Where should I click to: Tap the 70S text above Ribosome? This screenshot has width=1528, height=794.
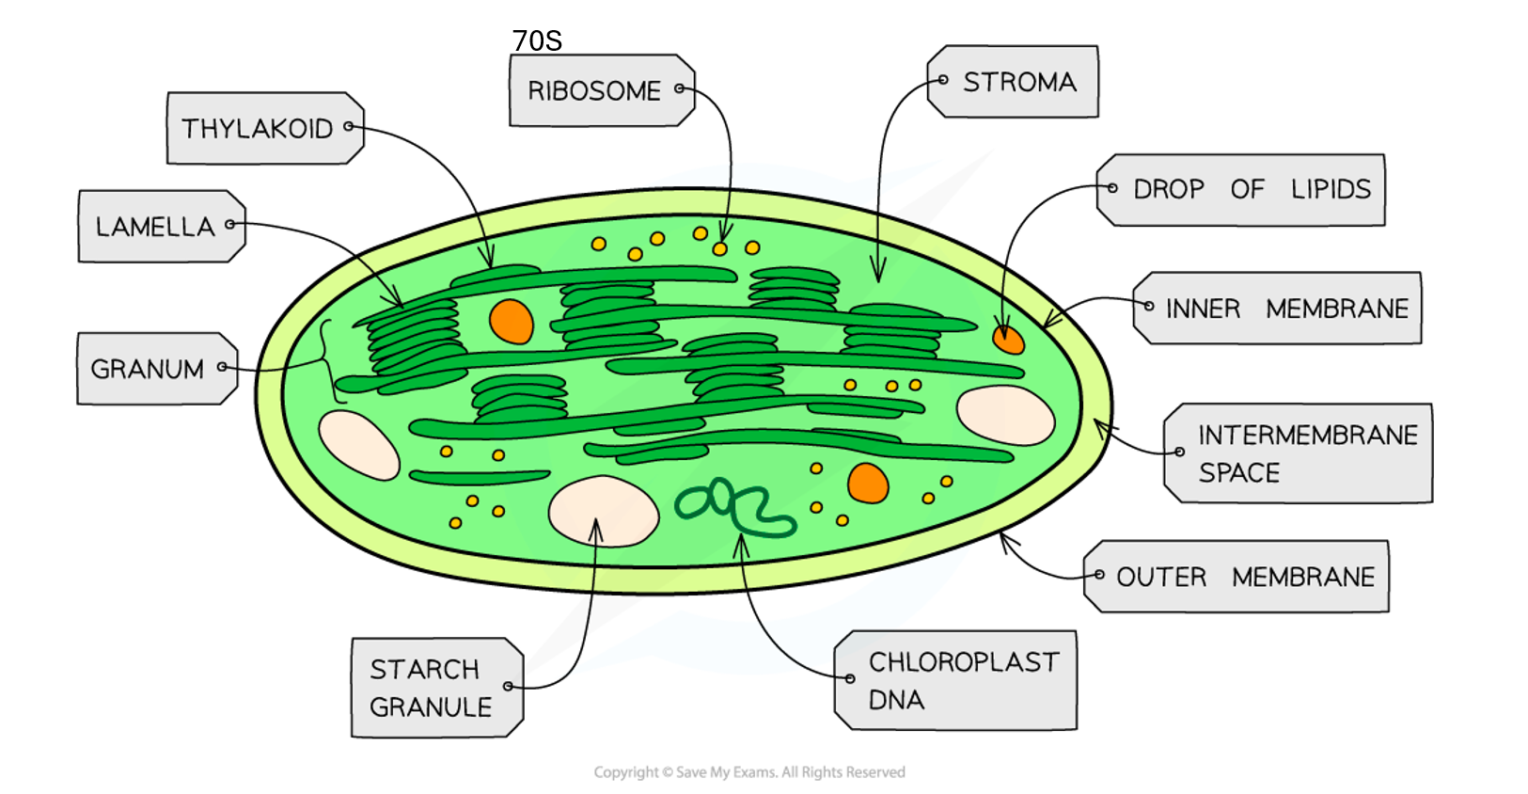point(537,40)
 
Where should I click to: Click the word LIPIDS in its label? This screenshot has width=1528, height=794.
point(1330,189)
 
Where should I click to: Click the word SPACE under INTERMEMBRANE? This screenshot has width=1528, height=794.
point(1238,472)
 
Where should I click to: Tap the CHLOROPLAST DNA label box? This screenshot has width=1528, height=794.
point(957,680)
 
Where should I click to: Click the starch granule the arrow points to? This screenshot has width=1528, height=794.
point(603,511)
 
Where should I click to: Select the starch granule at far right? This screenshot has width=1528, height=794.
point(1005,415)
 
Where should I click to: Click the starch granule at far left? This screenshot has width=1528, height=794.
point(358,445)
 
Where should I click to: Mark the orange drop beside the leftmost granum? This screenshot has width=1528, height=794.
point(512,321)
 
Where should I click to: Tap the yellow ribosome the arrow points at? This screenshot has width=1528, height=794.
point(720,248)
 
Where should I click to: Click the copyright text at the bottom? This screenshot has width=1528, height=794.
point(748,772)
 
